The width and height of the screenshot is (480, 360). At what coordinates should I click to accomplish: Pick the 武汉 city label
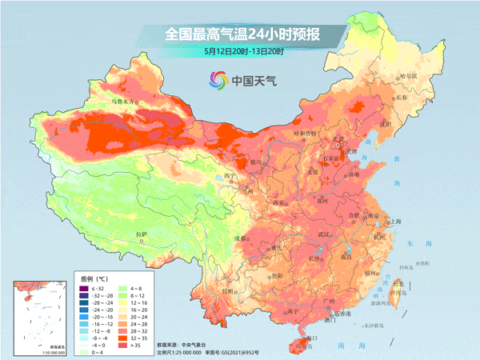[x=324, y=234]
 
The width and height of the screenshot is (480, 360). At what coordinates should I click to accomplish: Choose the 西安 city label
[x=280, y=204]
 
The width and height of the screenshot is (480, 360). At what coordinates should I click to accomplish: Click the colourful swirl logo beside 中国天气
[x=218, y=79]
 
